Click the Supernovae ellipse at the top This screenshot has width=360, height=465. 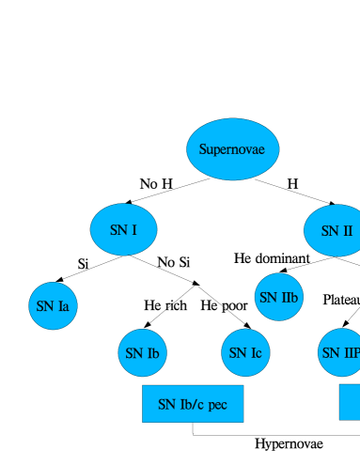click(x=232, y=149)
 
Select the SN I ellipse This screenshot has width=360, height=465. click(x=123, y=229)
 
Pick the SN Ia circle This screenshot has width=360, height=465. click(x=53, y=305)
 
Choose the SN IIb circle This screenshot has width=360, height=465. click(x=278, y=297)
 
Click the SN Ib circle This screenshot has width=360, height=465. click(x=142, y=353)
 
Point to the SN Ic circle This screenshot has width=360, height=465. click(x=245, y=353)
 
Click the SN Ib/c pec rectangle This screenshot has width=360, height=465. click(x=193, y=404)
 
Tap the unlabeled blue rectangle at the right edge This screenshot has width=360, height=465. click(x=350, y=402)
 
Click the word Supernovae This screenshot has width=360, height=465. click(x=232, y=149)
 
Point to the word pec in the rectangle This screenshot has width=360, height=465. click(x=217, y=406)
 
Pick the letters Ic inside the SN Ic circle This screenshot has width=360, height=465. click(x=256, y=354)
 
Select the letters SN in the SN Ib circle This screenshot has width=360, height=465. click(x=133, y=354)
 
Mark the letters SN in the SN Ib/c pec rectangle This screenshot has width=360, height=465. click(x=167, y=405)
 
